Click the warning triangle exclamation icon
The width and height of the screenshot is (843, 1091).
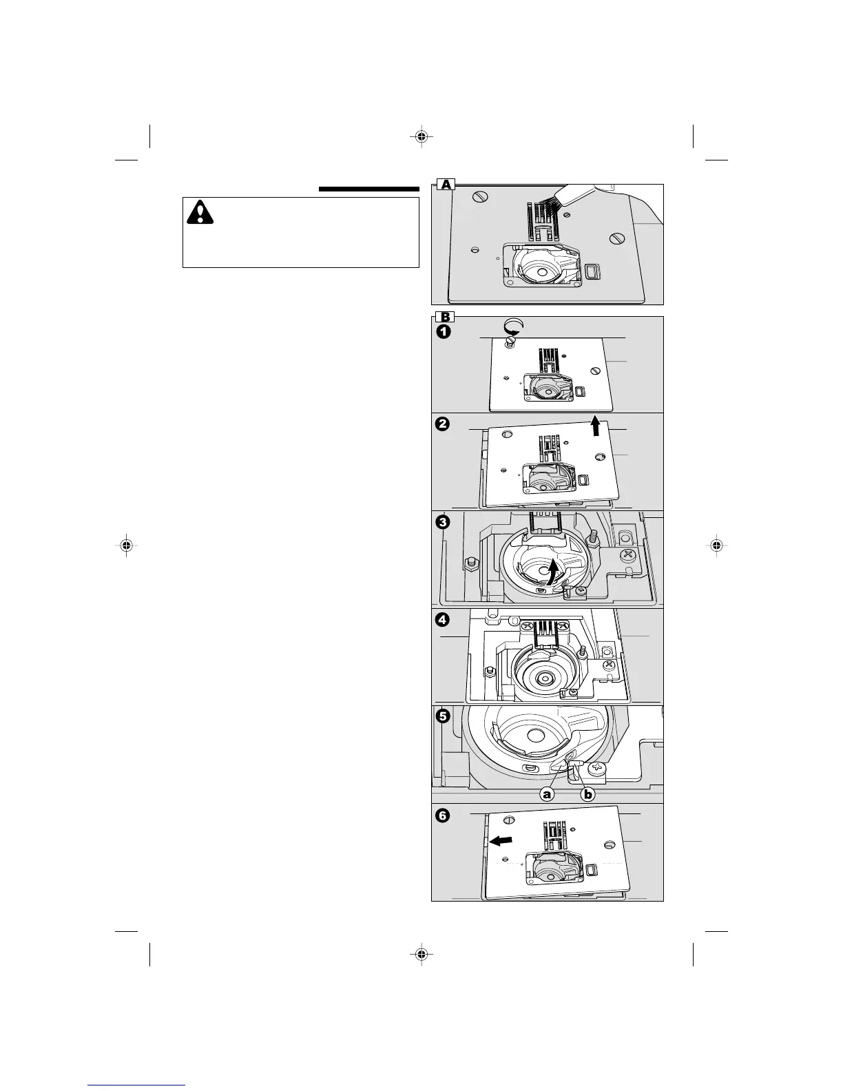[x=200, y=212]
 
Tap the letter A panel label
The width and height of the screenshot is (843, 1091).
[x=446, y=184]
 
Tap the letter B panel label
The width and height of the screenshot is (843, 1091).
[x=446, y=317]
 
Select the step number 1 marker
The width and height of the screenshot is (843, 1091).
[x=442, y=332]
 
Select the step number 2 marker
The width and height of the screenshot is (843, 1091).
[x=442, y=424]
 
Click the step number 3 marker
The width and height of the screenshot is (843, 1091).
[x=442, y=522]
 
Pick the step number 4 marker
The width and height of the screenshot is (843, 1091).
[x=442, y=620]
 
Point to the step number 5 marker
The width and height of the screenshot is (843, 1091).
[x=442, y=716]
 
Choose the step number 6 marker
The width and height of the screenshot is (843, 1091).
[x=442, y=815]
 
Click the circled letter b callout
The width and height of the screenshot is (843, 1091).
[x=587, y=794]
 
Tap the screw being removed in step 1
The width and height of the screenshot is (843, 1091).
[x=510, y=342]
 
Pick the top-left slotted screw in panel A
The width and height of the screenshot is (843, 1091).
[x=480, y=199]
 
